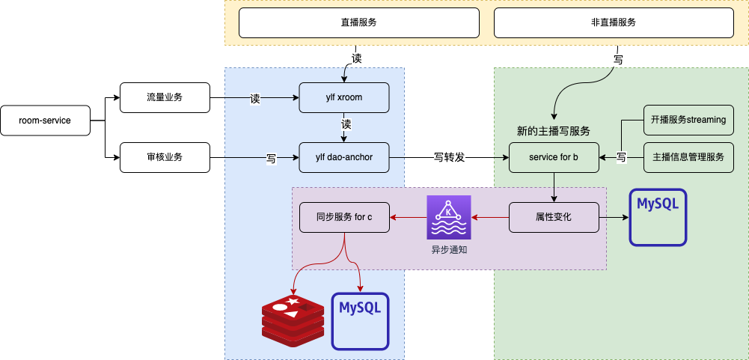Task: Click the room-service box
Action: [x=45, y=120]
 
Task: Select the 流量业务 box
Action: [x=165, y=97]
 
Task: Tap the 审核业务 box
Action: [x=165, y=157]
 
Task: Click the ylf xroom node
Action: [x=344, y=97]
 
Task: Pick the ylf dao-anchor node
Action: [x=344, y=157]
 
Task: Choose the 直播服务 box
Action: [x=358, y=22]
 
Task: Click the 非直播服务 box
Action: [x=614, y=22]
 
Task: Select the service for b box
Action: [x=554, y=157]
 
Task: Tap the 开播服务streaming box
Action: [x=688, y=120]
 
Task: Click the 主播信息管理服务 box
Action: [x=688, y=157]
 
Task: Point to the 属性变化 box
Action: [x=554, y=217]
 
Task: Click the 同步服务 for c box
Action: [x=344, y=217]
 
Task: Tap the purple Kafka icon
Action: [x=449, y=217]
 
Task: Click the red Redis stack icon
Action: [x=293, y=321]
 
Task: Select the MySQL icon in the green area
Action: [x=658, y=218]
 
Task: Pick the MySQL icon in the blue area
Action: [x=361, y=321]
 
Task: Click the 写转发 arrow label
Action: [x=450, y=158]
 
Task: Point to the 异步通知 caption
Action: [x=449, y=250]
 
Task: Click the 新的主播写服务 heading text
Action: [x=554, y=131]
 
